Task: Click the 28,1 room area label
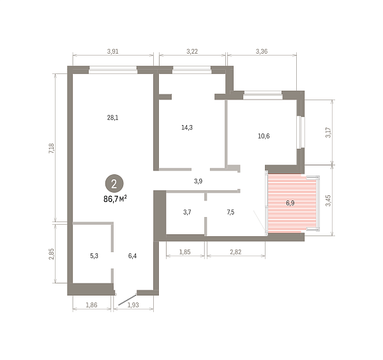tap(112, 117)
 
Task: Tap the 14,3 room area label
tap(187, 127)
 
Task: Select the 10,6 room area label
tap(264, 136)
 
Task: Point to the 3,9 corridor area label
tap(198, 181)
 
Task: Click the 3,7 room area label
tap(187, 212)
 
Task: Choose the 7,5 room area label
tap(230, 212)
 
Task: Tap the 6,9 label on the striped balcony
tap(290, 203)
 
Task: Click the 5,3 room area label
tap(94, 256)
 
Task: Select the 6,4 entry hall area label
tap(132, 256)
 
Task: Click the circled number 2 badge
tap(114, 183)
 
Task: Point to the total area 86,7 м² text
tap(115, 199)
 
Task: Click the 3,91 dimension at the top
tap(112, 51)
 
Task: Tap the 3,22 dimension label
tap(192, 51)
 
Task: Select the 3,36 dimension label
tap(262, 51)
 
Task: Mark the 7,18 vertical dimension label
tap(52, 148)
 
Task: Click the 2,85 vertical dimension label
tap(52, 254)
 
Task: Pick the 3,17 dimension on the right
tap(328, 133)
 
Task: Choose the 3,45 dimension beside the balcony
tap(328, 200)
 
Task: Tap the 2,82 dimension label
tap(236, 251)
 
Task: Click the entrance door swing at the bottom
tap(127, 300)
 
